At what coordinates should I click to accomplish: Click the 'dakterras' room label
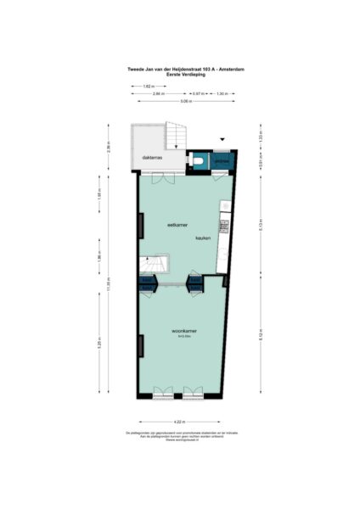(x=153, y=158)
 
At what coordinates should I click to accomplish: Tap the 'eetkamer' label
(x=176, y=225)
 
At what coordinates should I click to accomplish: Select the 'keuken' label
(x=203, y=238)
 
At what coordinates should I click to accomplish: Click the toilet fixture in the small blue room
(x=198, y=159)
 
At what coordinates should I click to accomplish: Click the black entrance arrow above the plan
(x=222, y=139)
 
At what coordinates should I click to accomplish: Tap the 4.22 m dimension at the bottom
(x=179, y=422)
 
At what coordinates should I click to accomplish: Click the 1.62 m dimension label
(x=148, y=87)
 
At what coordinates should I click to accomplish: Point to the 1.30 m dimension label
(x=222, y=93)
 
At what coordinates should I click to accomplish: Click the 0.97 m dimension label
(x=198, y=93)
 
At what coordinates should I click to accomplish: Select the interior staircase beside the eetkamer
(x=155, y=267)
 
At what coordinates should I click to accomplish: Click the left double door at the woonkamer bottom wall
(x=162, y=394)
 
